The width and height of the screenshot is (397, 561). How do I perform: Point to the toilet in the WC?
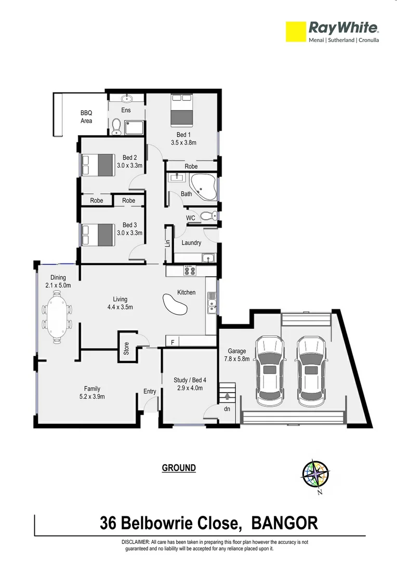coord(207,217)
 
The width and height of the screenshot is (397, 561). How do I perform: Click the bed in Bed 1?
coord(181,110)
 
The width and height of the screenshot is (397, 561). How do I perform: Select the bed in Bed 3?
coord(98,234)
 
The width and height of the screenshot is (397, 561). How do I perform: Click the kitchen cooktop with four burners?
coord(190,271)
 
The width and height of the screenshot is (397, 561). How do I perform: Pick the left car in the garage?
coord(270,371)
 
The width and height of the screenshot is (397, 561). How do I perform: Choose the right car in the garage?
coord(311,371)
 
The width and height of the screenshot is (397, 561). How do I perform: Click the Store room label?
coord(126,348)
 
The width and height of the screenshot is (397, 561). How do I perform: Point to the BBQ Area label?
coord(86,116)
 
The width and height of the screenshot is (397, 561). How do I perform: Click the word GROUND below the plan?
coord(179,468)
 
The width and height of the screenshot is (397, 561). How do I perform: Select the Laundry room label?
coord(191,243)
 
